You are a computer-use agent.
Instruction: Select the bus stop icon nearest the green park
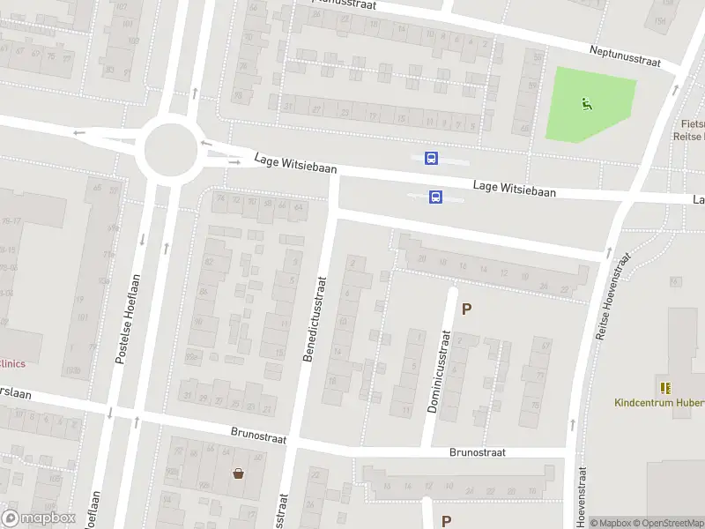pyautogui.click(x=431, y=159)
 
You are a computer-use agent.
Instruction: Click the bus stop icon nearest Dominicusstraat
pyautogui.click(x=435, y=197)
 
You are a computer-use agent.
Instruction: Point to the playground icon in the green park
pyautogui.click(x=586, y=104)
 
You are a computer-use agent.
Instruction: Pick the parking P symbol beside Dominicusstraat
pyautogui.click(x=467, y=309)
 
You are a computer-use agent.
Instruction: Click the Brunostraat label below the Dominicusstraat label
pyautogui.click(x=477, y=452)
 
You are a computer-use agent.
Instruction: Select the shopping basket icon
pyautogui.click(x=238, y=473)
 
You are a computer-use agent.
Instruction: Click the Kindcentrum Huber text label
pyautogui.click(x=656, y=403)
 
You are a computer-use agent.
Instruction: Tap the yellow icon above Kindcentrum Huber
pyautogui.click(x=664, y=387)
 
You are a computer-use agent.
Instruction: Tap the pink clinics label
pyautogui.click(x=12, y=363)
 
